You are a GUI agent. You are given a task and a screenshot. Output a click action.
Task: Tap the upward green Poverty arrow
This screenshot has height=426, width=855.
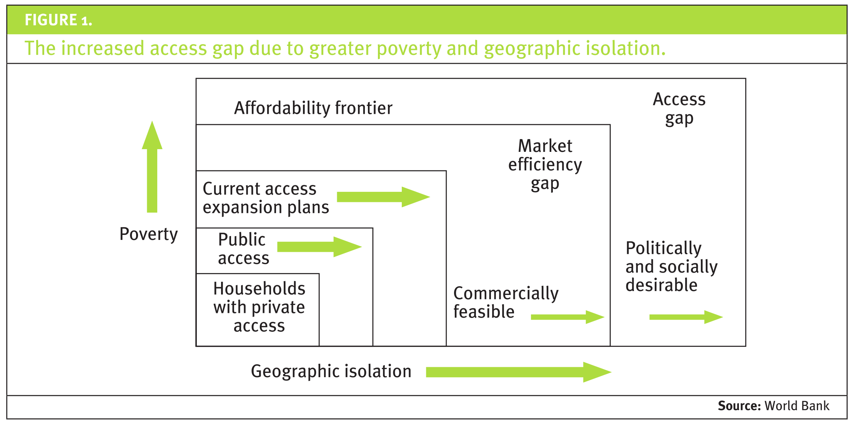pos(152,169)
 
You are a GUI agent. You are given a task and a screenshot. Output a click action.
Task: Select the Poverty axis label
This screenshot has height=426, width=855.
pos(148,234)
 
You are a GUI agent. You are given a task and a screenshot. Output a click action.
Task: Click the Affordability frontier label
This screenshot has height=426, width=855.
pos(313,108)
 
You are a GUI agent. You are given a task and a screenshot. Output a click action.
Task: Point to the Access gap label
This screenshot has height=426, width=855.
pos(679,109)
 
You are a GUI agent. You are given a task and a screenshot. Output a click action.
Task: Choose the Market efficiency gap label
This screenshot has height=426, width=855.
pos(545,165)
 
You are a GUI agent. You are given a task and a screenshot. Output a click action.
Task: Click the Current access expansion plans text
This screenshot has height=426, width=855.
pos(265,198)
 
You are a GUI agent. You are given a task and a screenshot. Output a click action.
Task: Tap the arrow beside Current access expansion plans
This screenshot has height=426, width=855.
pos(383,197)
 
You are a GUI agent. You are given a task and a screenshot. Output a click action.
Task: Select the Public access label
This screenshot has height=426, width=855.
pos(243,249)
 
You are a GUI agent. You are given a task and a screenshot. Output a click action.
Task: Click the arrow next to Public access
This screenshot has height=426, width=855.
pos(319,246)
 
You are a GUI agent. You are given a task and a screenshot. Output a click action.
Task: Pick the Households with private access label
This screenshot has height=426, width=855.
pos(259,307)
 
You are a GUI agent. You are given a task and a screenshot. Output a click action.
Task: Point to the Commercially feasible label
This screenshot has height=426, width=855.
pos(505,302)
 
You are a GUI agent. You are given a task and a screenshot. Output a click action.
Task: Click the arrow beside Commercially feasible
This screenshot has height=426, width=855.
pos(567,317)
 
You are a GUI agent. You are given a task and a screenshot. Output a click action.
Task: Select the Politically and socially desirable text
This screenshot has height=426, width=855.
pos(671,266)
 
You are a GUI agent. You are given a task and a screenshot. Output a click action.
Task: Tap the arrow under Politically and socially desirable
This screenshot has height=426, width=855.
pos(685,317)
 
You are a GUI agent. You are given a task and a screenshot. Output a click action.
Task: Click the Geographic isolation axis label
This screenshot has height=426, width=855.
pos(331,371)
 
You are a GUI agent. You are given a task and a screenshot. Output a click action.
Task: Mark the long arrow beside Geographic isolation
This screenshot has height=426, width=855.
pos(517,372)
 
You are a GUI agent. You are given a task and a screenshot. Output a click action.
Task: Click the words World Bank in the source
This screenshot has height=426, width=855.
pos(797,406)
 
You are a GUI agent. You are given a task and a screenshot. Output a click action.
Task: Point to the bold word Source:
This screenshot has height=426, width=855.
pos(739,406)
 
